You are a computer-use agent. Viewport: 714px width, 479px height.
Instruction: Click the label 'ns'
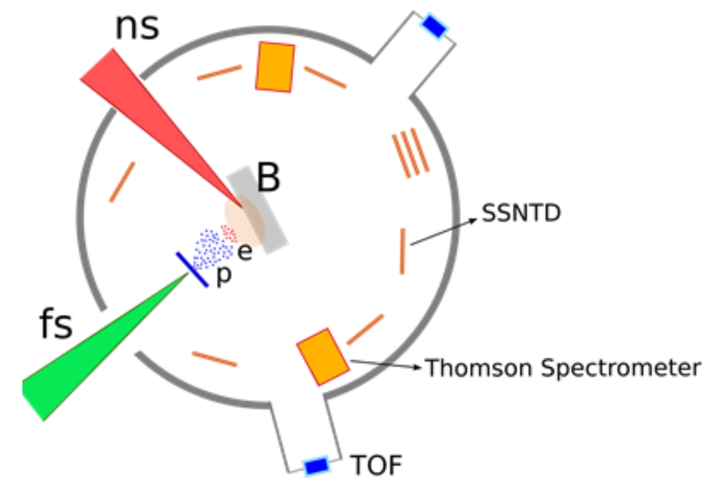[136, 27]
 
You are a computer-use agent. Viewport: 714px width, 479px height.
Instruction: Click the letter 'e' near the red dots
[245, 253]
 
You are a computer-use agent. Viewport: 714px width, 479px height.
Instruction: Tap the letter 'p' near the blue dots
[222, 277]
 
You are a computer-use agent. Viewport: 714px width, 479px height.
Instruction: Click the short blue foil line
[192, 269]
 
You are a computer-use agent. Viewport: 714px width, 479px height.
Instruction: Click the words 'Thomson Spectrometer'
[562, 368]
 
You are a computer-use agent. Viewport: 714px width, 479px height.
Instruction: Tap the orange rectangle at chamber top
[275, 67]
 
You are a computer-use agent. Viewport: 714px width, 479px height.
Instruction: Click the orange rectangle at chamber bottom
[323, 357]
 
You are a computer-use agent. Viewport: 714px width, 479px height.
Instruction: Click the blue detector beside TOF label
[316, 466]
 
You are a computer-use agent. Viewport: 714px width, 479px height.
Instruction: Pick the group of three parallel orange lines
[410, 154]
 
